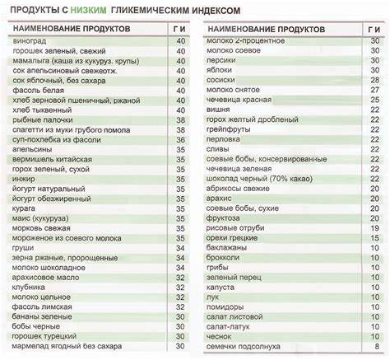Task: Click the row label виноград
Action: click(x=29, y=41)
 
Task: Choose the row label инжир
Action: click(x=24, y=178)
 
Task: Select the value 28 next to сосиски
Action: click(x=375, y=81)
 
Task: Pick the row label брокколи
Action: click(x=230, y=258)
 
